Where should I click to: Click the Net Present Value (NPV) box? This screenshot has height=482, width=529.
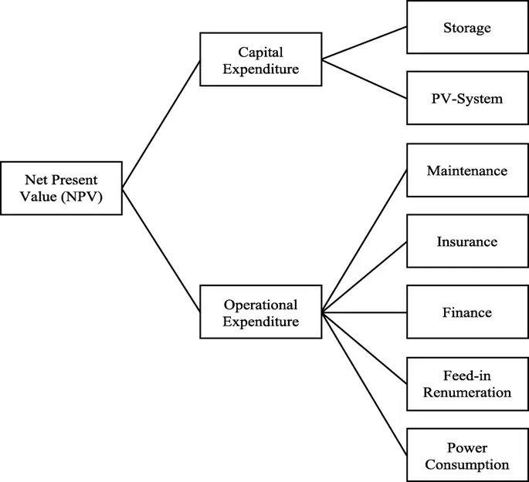point(61,187)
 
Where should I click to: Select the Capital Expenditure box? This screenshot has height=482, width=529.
point(260,59)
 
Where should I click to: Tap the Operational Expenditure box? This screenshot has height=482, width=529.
point(260,312)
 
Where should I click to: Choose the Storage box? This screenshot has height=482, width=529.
point(466,29)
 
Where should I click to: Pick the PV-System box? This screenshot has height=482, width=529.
point(466,99)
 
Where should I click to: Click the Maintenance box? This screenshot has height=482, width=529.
point(466,170)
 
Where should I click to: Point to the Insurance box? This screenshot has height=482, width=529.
point(466,241)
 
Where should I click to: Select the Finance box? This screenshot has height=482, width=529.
point(466,312)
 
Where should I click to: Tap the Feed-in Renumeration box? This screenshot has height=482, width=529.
point(466,383)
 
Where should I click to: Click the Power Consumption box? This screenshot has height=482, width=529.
point(466,455)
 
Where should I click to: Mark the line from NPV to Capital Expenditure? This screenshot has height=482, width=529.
point(161,123)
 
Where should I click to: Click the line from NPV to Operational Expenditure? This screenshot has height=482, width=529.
point(161,250)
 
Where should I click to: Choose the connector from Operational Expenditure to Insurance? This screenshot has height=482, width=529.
point(365,277)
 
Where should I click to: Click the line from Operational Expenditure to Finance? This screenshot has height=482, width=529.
point(365,312)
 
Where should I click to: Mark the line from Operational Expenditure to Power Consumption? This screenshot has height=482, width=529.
point(365,383)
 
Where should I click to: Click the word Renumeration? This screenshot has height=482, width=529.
point(466,393)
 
